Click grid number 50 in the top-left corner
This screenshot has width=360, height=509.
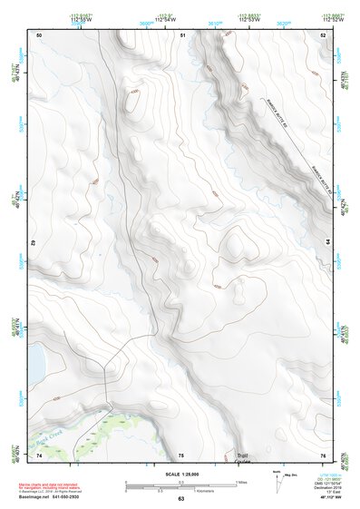pos(39,34)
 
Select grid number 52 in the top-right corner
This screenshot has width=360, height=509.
pos(323,34)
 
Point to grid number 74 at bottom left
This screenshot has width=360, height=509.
pos(39,455)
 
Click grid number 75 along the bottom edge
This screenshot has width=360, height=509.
pos(181,455)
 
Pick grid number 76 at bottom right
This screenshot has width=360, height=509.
pos(323,455)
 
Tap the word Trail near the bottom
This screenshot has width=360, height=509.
pos(242,455)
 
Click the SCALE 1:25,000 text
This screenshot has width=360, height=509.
pos(180,473)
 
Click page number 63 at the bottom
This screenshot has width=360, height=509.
pos(181,500)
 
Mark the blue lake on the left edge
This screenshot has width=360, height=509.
pos(37,364)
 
